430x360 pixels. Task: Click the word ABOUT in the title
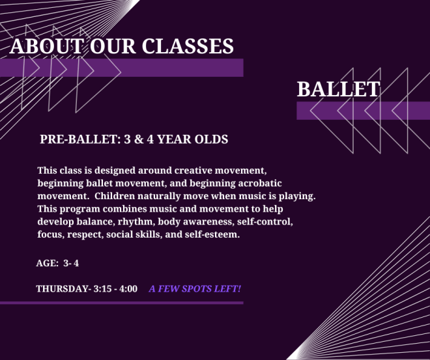click(46, 46)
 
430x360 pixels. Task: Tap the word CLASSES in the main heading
click(188, 46)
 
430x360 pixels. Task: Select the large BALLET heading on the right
click(338, 89)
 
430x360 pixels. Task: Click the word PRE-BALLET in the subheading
click(80, 139)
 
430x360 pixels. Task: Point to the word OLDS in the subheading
click(211, 139)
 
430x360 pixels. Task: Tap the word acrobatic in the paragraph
click(260, 183)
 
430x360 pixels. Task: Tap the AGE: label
click(47, 263)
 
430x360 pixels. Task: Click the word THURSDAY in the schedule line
click(63, 289)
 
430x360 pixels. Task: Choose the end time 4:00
click(128, 289)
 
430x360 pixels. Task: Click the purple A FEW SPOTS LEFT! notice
click(195, 289)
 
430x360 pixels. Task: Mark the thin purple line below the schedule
click(121, 303)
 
